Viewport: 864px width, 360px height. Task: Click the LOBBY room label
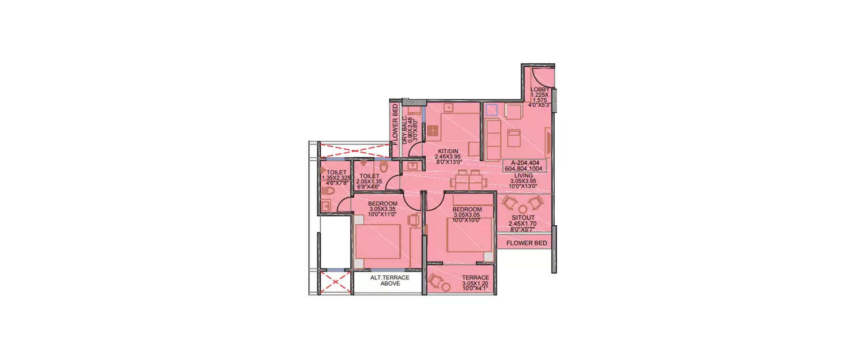tap(540, 89)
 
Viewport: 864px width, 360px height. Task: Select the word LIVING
tap(524, 175)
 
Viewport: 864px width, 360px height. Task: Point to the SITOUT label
tap(524, 218)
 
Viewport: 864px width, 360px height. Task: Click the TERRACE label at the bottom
tap(475, 278)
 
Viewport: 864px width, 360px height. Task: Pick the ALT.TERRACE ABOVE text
tap(389, 281)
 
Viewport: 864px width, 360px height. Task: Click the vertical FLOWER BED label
tap(395, 123)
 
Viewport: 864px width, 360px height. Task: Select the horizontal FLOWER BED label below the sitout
tap(526, 243)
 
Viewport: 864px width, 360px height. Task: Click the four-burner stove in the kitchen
tap(433, 130)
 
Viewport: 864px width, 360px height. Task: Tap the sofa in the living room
tap(492, 139)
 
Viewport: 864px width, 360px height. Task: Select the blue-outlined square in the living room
tap(491, 109)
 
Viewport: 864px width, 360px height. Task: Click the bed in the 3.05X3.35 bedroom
tap(378, 242)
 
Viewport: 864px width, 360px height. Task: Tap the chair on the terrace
tap(437, 281)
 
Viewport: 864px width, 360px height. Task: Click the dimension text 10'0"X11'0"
tap(383, 214)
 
